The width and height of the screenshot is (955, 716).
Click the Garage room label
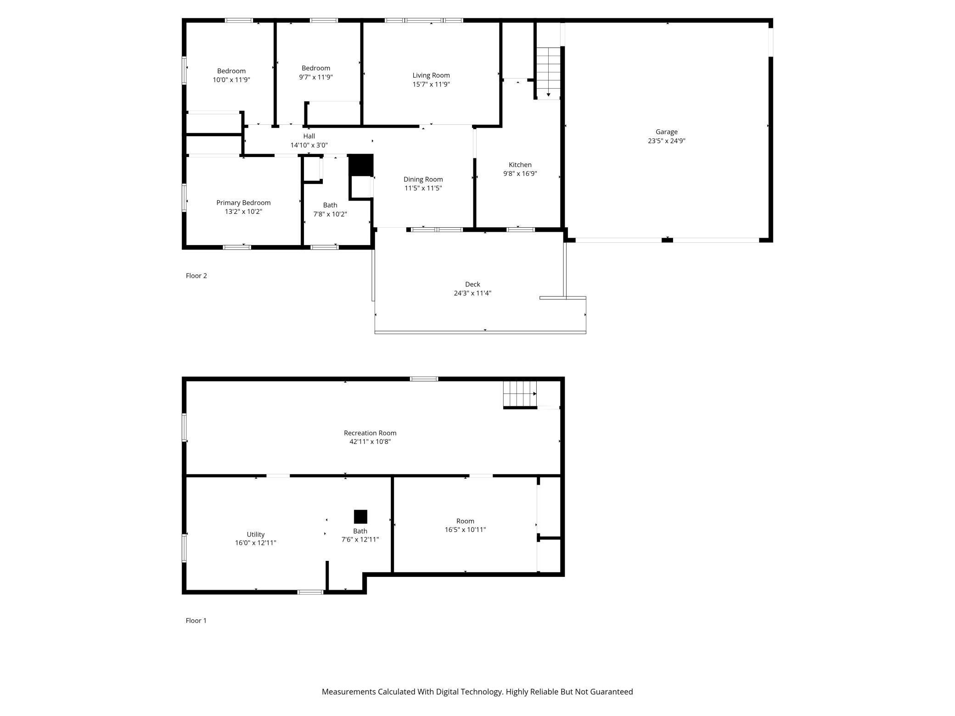pos(666,132)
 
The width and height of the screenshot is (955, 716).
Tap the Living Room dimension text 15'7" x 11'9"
pos(431,84)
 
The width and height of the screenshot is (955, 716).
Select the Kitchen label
pos(520,165)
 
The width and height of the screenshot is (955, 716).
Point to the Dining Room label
pos(423,179)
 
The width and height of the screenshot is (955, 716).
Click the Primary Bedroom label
pos(243,202)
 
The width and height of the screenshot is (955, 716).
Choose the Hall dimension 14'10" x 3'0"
pos(309,145)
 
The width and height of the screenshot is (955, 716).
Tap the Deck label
pos(472,284)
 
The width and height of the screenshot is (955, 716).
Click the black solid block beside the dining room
pos(361,165)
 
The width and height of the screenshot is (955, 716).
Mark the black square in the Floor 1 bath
pos(360,516)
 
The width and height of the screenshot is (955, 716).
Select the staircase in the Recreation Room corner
pos(520,394)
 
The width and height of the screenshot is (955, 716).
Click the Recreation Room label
pos(370,433)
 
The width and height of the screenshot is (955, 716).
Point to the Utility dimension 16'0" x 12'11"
pos(255,543)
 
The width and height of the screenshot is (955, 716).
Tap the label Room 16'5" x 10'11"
pos(465,525)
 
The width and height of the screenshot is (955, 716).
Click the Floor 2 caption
pos(196,275)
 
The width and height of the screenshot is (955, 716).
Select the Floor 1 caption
pos(196,621)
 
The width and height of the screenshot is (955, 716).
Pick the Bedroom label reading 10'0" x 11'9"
pos(231,75)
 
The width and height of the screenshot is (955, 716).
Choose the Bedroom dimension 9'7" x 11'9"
pos(315,77)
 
